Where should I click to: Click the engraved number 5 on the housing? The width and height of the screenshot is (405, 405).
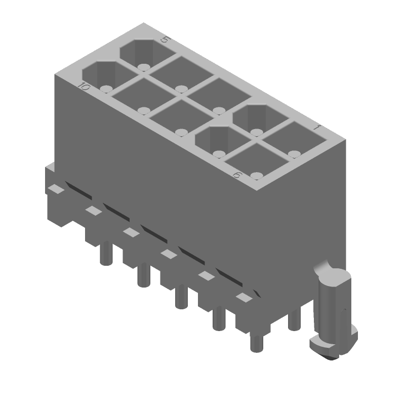click(164, 40)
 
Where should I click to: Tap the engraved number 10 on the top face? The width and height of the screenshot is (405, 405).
click(84, 87)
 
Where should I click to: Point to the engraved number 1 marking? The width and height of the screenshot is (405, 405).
click(316, 129)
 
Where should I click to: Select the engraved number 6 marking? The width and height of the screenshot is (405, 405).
click(236, 175)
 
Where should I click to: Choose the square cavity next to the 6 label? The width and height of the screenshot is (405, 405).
click(254, 162)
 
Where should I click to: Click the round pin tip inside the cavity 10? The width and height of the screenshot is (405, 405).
click(105, 89)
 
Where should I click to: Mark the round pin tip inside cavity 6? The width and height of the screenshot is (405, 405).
click(257, 176)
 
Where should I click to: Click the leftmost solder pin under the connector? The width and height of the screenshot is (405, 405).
click(105, 253)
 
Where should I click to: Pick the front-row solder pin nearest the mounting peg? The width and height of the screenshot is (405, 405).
click(257, 342)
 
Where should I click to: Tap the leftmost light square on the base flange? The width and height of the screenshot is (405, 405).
click(56, 189)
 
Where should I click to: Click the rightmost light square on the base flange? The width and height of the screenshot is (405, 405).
click(244, 298)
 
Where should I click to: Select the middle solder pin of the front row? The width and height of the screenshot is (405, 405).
click(181, 297)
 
